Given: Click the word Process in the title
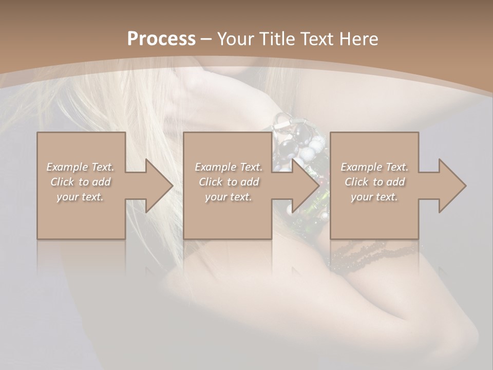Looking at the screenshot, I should [x=161, y=39].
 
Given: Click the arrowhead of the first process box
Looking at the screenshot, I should [x=157, y=186].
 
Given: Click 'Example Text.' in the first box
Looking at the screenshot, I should [x=80, y=167].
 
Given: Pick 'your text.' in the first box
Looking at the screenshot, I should [x=80, y=197].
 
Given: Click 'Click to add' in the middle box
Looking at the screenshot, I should [x=229, y=182].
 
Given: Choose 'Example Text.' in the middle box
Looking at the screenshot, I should [x=229, y=167].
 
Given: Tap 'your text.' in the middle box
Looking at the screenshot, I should [x=229, y=197].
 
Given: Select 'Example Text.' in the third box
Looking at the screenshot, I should [x=374, y=167].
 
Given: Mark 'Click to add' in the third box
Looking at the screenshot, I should [x=374, y=182].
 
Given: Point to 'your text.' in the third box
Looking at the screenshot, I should [x=374, y=197].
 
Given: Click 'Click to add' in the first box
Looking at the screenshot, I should [x=80, y=182].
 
